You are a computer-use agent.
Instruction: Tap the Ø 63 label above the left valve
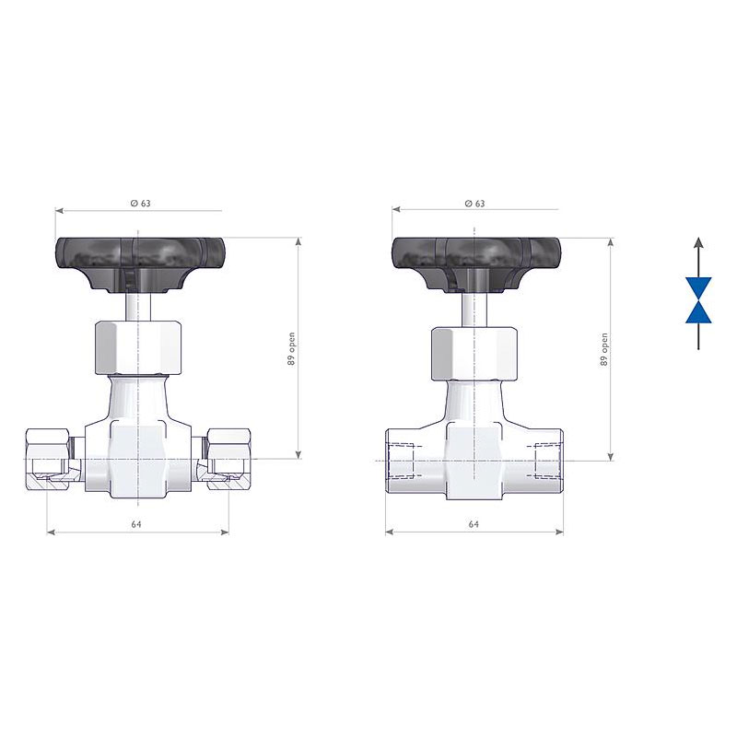(141, 203)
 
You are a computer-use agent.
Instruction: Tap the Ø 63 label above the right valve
(474, 203)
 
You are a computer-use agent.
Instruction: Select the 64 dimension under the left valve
(136, 524)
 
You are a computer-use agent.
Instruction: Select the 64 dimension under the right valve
(474, 524)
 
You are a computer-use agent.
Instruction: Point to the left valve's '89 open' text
(292, 349)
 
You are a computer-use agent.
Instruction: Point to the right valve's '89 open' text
(604, 349)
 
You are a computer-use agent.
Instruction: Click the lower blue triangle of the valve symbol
(698, 312)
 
